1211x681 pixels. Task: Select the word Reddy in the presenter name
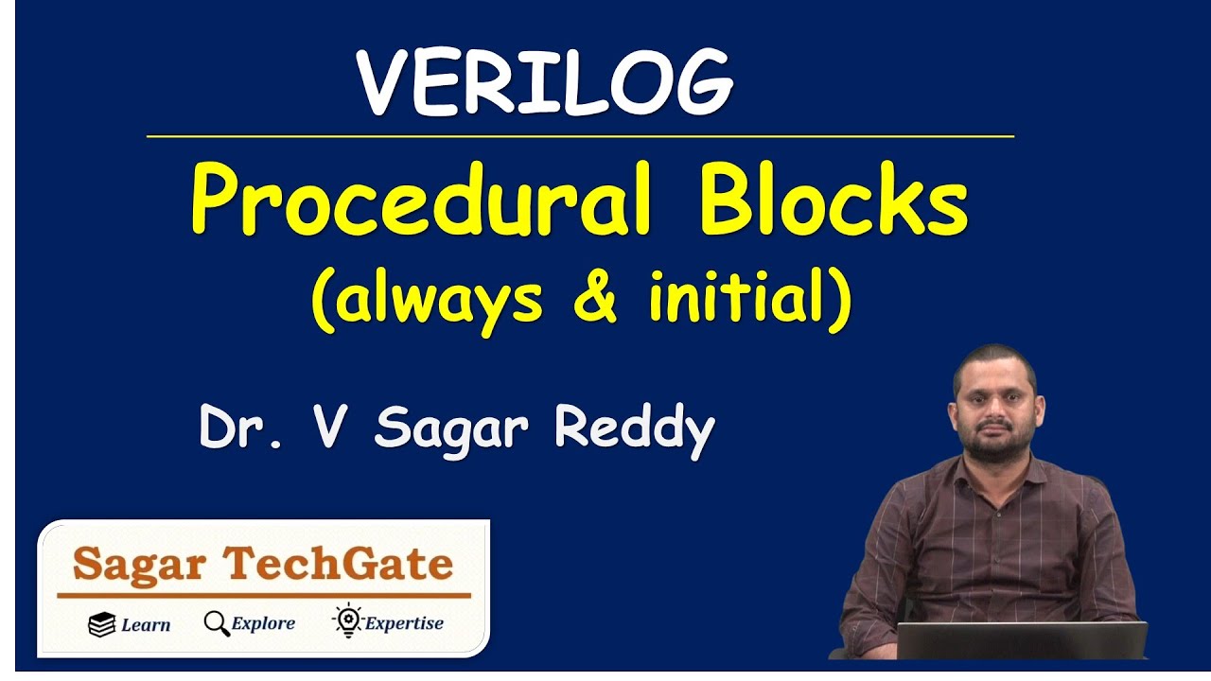[634, 430]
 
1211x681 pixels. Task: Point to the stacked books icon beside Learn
[101, 624]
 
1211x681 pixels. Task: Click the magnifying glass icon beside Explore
[217, 624]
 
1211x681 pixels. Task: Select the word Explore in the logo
[263, 624]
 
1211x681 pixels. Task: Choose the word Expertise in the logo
[404, 624]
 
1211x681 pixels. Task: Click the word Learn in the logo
[146, 625]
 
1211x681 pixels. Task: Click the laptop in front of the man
[1021, 640]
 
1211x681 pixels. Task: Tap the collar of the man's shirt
[993, 473]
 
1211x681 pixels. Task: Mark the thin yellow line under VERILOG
[580, 136]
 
